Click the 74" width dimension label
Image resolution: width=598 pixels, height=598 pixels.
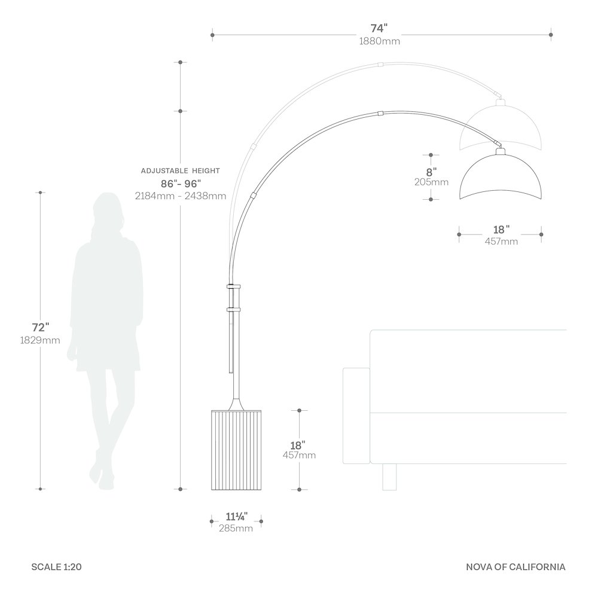379,28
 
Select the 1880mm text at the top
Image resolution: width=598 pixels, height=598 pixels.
380,41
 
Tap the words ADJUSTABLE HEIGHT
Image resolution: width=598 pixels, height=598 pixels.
181,171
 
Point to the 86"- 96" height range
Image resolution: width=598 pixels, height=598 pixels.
181,184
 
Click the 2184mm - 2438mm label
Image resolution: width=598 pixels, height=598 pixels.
181,196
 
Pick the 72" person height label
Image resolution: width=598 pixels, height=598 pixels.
41,327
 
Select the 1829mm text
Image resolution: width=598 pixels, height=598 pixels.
40,340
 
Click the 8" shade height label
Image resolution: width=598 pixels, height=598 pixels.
431,172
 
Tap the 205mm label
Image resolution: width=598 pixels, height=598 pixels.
431,182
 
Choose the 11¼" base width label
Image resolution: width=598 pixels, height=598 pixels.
236,517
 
